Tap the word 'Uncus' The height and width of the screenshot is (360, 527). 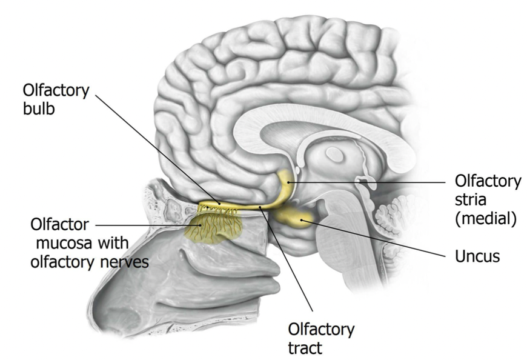[x=477, y=256]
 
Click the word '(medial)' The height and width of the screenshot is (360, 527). [x=485, y=219]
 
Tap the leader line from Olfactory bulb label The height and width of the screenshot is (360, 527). [x=157, y=148]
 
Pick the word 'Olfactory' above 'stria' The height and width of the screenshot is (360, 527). [x=488, y=181]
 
